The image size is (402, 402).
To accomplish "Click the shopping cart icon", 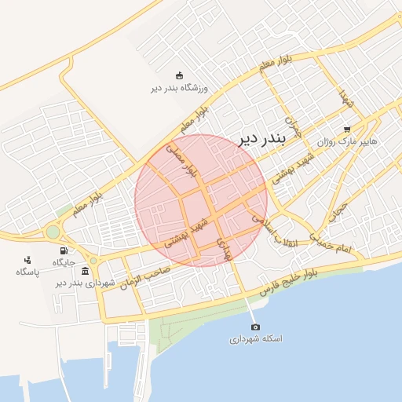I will tap(346, 130).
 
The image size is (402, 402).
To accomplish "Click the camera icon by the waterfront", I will tap(255, 327).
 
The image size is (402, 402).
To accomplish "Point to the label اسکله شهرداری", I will tap(255, 340).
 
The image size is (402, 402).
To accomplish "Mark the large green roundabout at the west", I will tap(53, 232).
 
